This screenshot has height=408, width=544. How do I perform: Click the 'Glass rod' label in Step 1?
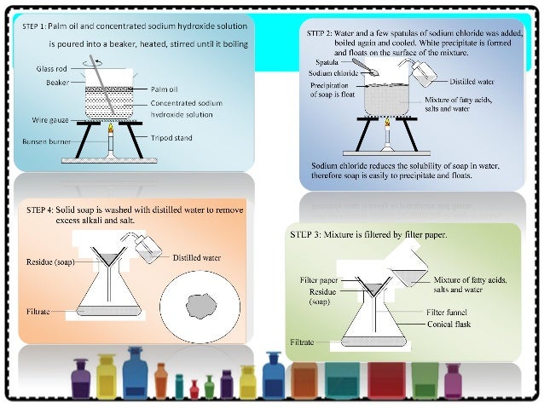[50, 67]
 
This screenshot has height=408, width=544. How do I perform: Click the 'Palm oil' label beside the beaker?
[163, 89]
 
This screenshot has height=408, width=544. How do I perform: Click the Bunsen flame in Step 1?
[111, 129]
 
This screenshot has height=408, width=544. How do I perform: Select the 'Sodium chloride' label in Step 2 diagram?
[332, 74]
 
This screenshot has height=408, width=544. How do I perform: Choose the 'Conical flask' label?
[448, 324]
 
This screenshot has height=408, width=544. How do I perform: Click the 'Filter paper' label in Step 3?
[319, 279]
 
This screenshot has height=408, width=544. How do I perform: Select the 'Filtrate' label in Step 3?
[302, 342]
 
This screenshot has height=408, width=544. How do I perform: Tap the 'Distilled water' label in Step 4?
[197, 257]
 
